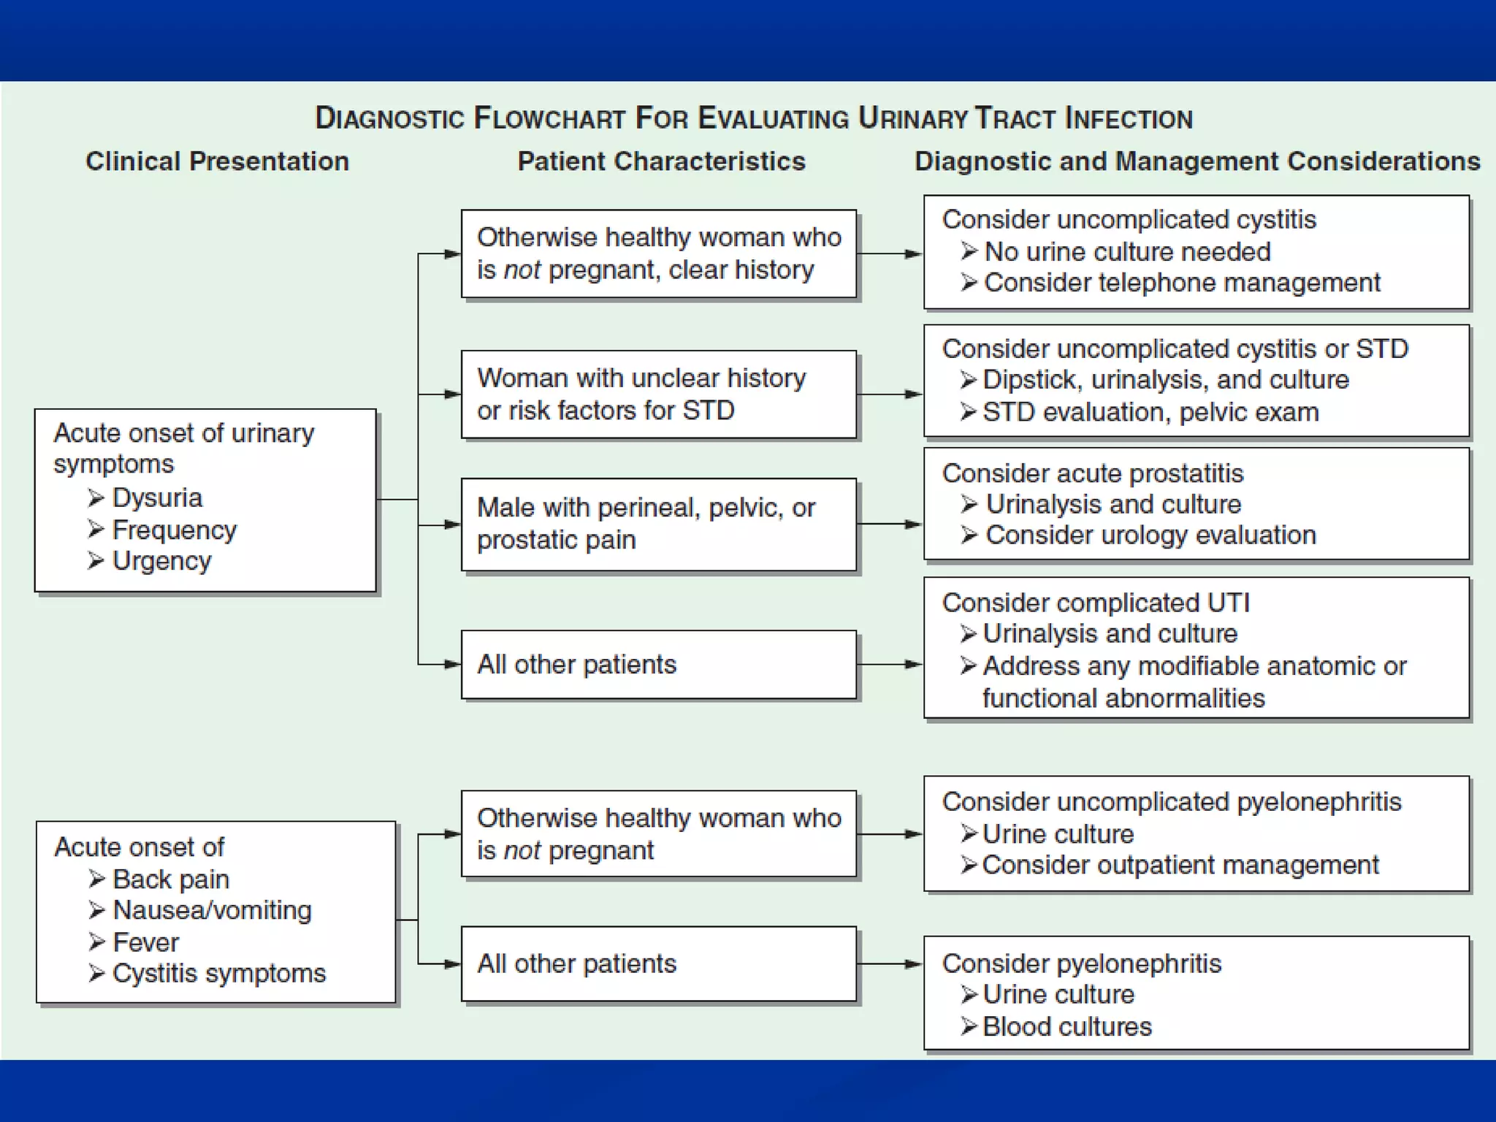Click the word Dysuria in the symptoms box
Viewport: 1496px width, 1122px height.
[156, 497]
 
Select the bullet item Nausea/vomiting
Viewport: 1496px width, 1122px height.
[212, 910]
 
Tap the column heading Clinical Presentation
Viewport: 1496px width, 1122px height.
[217, 161]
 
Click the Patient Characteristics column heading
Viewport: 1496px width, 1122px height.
[661, 161]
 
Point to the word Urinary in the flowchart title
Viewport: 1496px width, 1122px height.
[912, 118]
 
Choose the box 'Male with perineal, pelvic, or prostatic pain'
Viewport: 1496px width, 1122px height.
[658, 524]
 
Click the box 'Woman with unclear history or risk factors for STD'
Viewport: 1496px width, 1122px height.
[658, 394]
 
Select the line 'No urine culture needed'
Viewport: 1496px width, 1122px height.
[1127, 251]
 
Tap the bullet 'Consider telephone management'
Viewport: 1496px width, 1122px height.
[1181, 283]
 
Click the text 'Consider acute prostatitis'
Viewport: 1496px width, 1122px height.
[1092, 473]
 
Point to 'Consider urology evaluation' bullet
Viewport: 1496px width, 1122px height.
[1150, 535]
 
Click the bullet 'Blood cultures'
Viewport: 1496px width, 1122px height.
[1066, 1026]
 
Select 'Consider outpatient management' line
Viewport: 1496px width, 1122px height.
[1180, 865]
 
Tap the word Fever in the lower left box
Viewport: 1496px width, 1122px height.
[145, 942]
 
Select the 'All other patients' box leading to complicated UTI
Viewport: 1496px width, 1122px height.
[658, 665]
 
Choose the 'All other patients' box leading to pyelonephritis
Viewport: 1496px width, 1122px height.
[658, 963]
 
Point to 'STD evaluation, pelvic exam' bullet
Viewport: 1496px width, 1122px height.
[1150, 413]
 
